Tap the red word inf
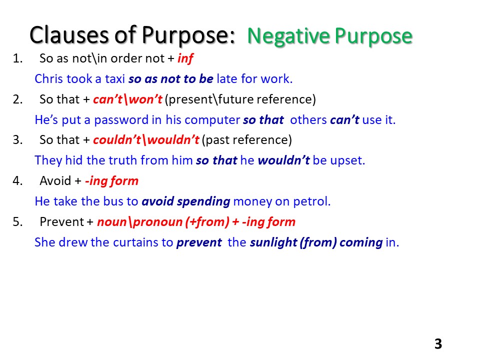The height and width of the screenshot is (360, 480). point(185,58)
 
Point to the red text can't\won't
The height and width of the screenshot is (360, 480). point(127,99)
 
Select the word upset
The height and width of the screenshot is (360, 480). point(350,160)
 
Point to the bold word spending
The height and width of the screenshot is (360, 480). point(205,201)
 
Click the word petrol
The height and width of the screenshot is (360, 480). point(314,201)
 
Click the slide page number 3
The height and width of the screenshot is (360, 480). point(438,344)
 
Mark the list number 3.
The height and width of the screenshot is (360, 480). point(17,140)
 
